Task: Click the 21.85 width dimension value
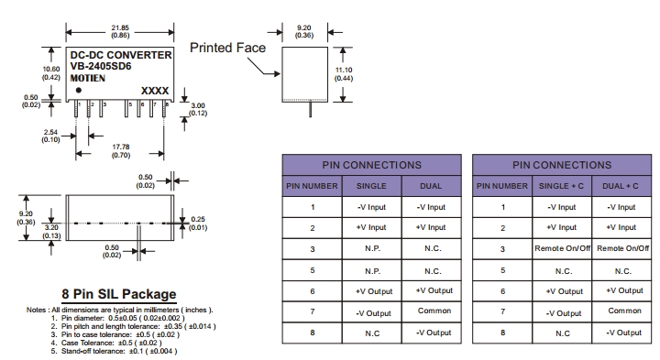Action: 120,27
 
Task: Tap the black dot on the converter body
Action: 79,90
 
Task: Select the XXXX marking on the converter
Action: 155,91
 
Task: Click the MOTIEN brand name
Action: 88,78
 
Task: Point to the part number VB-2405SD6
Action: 101,66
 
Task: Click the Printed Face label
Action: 227,48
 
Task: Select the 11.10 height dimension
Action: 344,70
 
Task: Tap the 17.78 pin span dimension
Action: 121,147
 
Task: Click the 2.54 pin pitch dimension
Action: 50,132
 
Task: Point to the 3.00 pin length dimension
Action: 198,105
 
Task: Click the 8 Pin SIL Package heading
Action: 119,294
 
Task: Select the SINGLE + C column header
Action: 561,186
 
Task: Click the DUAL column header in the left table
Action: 431,186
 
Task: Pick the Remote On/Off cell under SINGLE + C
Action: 562,248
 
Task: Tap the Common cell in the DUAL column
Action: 434,311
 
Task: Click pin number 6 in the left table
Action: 313,291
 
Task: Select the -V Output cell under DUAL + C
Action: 624,333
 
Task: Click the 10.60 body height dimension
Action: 51,69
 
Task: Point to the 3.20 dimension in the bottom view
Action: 51,227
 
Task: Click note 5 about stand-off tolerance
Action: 114,351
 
